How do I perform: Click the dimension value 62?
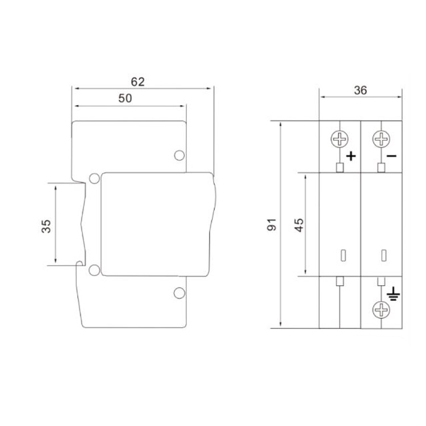tap(137, 81)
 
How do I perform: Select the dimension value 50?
tap(125, 98)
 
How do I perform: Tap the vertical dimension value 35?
tap(47, 226)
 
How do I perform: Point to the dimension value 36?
tap(360, 90)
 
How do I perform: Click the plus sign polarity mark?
tap(350, 155)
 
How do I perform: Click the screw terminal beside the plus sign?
tap(340, 139)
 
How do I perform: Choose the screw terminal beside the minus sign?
tap(381, 139)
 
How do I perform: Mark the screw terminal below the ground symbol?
tap(381, 310)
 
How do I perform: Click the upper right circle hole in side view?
tap(179, 155)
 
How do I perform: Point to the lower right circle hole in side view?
tap(179, 293)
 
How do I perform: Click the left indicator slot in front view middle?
tap(343, 255)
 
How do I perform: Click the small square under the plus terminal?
tap(340, 168)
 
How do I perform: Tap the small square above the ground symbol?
tap(381, 281)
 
